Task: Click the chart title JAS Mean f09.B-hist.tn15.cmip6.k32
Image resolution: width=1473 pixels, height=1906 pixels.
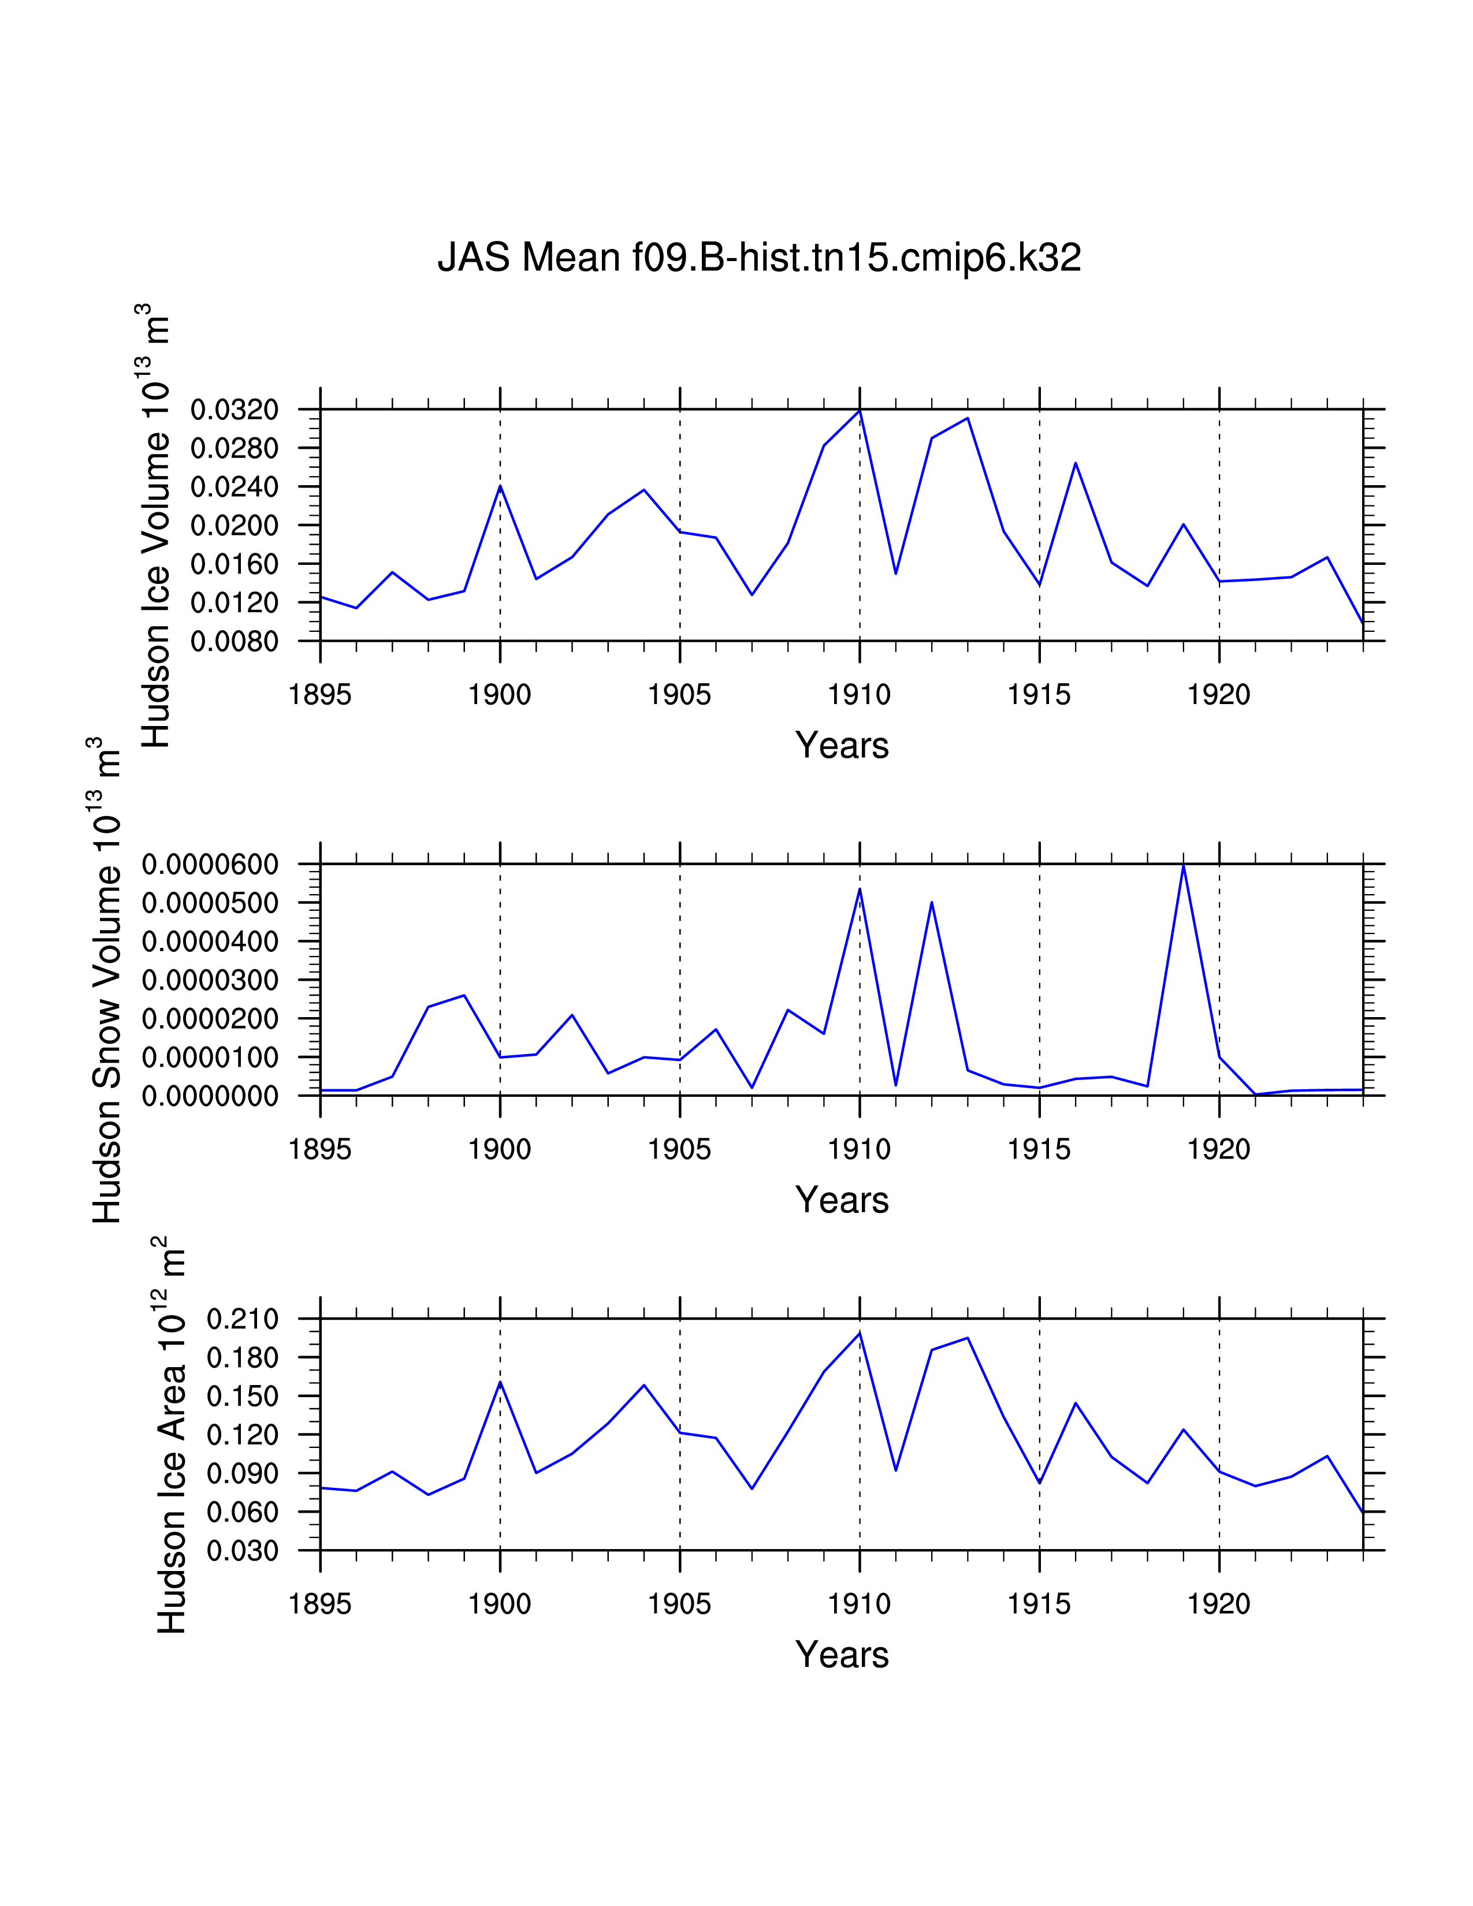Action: pos(759,258)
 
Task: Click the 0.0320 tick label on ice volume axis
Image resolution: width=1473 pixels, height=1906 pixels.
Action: pos(235,410)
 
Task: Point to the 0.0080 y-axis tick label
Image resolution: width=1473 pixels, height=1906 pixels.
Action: pos(235,642)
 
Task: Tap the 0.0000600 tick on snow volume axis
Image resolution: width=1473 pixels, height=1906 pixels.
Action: pos(210,864)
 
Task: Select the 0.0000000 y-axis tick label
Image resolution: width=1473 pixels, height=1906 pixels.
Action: pos(210,1096)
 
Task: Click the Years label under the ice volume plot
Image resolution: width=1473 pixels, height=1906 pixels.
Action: pos(841,745)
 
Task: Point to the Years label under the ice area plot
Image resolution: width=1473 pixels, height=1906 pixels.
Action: pos(841,1655)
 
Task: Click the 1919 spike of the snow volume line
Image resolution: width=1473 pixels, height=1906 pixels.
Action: pos(1183,866)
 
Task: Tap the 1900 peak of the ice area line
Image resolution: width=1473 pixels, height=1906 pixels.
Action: pos(500,1382)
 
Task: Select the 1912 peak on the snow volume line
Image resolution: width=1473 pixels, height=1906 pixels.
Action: pos(932,902)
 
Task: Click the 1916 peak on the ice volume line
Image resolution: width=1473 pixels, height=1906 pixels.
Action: pos(1075,463)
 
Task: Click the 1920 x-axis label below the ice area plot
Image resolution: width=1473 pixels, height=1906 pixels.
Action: pos(1218,1604)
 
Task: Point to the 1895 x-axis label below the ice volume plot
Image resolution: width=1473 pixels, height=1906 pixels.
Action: pos(319,695)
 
